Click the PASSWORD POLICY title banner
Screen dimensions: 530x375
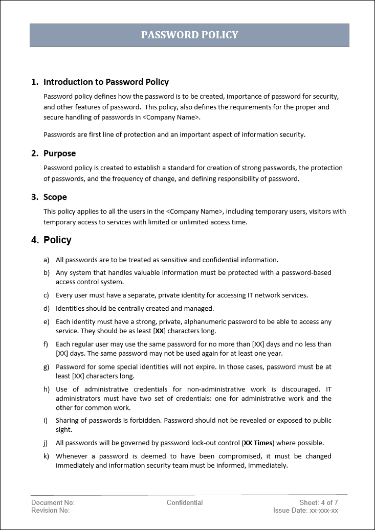(189, 35)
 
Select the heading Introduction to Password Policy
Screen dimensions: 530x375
(106, 82)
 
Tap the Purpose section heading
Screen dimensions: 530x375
(59, 153)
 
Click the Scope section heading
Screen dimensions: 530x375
(55, 197)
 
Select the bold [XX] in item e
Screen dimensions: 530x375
(160, 331)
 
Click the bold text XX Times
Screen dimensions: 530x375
(258, 443)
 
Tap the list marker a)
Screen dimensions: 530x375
(47, 260)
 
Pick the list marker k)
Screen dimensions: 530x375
(47, 456)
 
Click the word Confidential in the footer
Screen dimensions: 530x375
(185, 503)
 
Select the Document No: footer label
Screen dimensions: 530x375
(53, 503)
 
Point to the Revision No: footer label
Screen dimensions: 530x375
(50, 511)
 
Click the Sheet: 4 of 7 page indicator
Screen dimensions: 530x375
(319, 503)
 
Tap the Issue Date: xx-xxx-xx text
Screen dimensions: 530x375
(305, 511)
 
